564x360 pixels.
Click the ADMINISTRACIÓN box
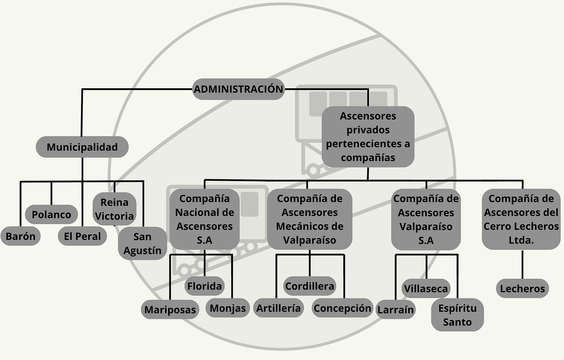point(238,89)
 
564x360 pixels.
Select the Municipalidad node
point(82,147)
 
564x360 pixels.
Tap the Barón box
point(21,236)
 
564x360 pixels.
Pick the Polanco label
point(52,214)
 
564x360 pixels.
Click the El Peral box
point(83,236)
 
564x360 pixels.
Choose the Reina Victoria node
point(114,209)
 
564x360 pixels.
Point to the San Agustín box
point(142,243)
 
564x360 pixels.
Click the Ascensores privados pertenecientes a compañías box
point(368,137)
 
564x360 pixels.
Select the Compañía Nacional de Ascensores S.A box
point(205,219)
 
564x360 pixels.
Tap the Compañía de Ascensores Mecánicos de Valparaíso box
point(310,219)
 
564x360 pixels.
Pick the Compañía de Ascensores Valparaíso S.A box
point(426,219)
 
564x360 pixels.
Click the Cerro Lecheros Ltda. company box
point(521,219)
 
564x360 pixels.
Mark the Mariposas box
point(170,310)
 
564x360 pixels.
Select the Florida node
point(205,286)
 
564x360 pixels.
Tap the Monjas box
point(228,308)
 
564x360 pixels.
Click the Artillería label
point(279,308)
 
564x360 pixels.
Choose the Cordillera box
point(310,286)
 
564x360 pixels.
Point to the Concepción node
point(342,308)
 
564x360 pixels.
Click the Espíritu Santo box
point(457,315)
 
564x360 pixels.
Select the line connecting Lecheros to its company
point(522,264)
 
